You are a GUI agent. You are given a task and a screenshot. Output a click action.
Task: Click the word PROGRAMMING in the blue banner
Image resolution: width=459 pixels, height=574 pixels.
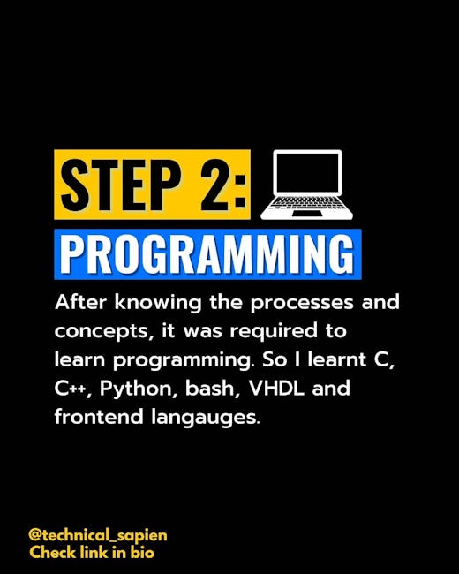click(207, 254)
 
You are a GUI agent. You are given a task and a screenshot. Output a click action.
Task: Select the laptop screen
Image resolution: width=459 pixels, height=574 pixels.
click(307, 173)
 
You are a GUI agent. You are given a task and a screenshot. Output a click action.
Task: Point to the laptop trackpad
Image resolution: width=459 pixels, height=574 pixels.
click(307, 214)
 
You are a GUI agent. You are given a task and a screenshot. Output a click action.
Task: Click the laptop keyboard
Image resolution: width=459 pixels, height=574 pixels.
click(307, 202)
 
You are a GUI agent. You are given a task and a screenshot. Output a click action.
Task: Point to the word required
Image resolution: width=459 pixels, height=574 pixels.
click(274, 332)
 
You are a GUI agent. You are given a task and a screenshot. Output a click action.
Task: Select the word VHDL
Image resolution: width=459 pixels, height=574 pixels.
click(276, 388)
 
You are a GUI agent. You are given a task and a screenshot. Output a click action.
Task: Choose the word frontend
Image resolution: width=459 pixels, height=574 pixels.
click(99, 417)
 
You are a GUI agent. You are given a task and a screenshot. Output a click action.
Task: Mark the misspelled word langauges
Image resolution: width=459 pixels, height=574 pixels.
click(206, 418)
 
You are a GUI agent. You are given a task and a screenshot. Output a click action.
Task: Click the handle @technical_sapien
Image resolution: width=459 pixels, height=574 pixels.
click(98, 535)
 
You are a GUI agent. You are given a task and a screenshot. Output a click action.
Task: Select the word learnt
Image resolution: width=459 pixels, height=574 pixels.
click(337, 359)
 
